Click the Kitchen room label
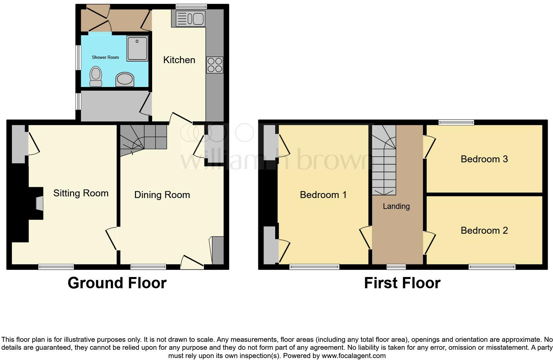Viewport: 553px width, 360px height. point(179,60)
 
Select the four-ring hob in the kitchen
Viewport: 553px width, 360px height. point(215,65)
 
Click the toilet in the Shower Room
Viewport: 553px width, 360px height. point(96,76)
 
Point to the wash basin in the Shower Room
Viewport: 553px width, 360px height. point(125,80)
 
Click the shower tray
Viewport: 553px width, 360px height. point(137,48)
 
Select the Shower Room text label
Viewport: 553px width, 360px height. point(105,57)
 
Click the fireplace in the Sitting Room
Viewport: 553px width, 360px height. point(38,203)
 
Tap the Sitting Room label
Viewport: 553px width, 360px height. point(81,193)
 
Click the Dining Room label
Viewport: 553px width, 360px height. point(162,195)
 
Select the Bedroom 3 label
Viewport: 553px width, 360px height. point(484,159)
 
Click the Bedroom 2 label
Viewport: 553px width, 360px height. point(484,230)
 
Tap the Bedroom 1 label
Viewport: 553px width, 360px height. point(323,195)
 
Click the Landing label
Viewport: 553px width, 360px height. point(396,206)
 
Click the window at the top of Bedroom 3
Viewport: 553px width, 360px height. point(456,122)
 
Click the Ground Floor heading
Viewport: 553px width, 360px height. point(117,283)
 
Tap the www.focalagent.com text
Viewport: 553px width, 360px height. point(354,356)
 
